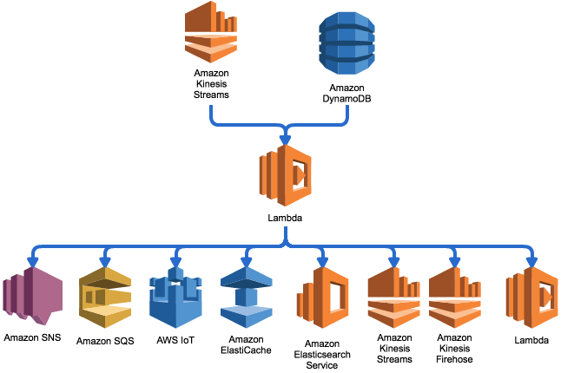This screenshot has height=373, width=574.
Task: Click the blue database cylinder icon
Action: (346, 43)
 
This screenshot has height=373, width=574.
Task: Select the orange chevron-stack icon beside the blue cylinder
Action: (211, 32)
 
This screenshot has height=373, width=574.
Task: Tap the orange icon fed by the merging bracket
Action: (286, 175)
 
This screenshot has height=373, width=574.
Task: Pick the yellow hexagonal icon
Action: (105, 297)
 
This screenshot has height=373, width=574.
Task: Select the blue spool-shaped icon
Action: (247, 297)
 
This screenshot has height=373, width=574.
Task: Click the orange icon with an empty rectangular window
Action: (323, 298)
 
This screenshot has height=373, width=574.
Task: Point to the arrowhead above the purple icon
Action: (33, 261)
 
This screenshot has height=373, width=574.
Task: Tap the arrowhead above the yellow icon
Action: (105, 261)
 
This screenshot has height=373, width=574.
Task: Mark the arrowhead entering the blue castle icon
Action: (176, 261)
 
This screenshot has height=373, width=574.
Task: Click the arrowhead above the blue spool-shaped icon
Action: (247, 261)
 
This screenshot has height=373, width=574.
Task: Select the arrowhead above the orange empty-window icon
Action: (322, 261)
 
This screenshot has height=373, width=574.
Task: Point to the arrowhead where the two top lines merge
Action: (285, 140)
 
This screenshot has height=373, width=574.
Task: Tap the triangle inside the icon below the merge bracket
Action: (300, 175)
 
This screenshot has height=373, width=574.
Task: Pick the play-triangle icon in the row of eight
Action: (532, 297)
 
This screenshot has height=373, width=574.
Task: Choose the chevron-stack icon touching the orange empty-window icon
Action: (393, 297)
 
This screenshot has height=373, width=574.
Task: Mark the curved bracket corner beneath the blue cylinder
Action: (345, 121)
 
